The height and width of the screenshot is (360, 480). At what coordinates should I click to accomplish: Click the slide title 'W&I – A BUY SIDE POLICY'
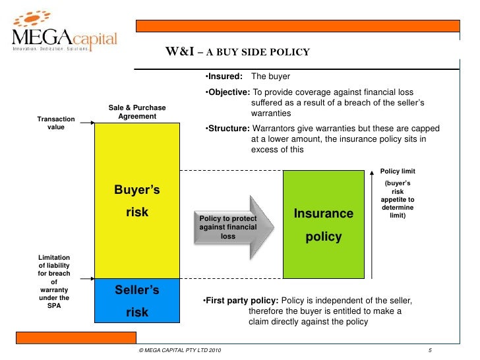point(237,53)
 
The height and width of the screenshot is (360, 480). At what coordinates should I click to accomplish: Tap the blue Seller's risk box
point(137,300)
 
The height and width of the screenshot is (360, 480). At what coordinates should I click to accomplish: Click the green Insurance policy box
point(323,224)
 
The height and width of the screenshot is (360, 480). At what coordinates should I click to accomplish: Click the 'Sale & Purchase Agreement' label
point(137,112)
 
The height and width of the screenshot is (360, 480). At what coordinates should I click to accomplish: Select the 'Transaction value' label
point(56,123)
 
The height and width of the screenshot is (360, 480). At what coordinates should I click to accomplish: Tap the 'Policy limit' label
point(398,171)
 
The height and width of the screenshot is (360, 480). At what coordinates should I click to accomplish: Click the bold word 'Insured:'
point(224,76)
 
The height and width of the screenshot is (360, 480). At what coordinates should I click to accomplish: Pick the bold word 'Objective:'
point(226,93)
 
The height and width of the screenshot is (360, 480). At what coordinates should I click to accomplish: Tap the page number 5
point(429,350)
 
